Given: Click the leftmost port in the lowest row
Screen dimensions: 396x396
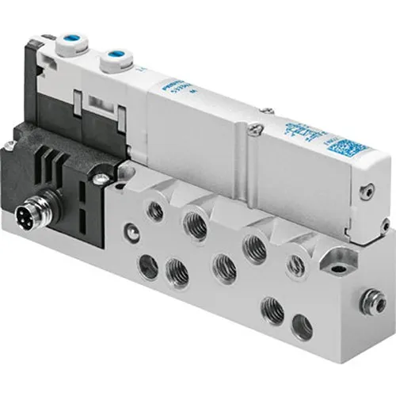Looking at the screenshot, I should pyautogui.click(x=147, y=268).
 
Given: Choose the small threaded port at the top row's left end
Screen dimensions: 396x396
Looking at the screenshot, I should pyautogui.click(x=155, y=211).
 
